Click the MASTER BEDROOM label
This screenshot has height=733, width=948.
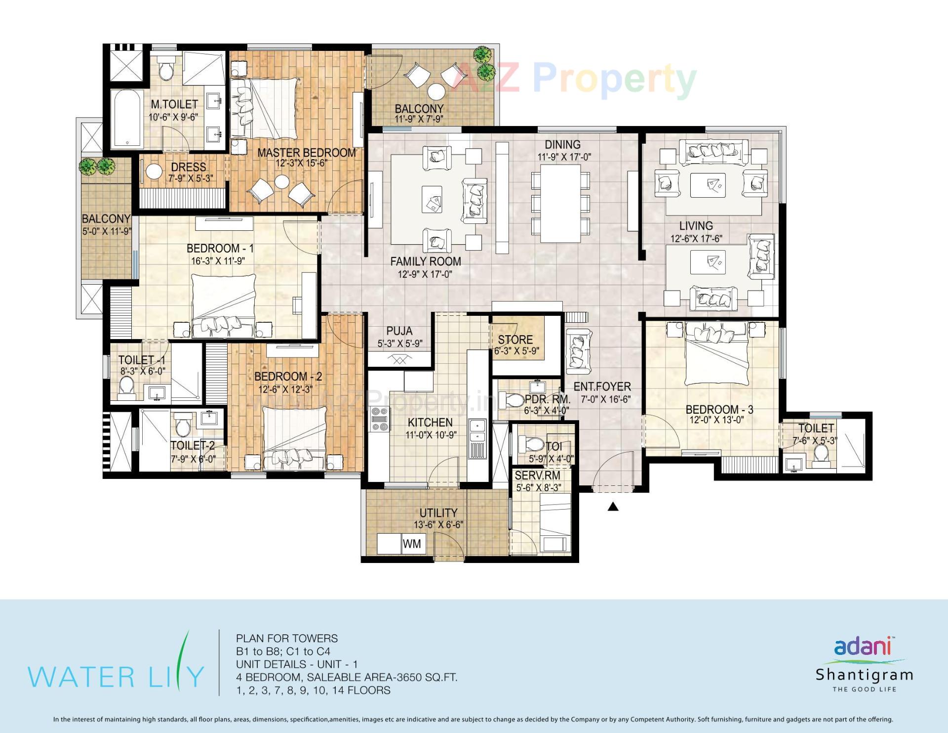pos(306,153)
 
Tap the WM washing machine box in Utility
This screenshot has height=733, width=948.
pos(412,544)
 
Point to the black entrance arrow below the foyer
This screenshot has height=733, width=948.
pos(613,506)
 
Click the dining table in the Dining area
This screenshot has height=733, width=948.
pos(560,203)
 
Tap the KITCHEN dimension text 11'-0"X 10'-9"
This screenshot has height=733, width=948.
pos(430,435)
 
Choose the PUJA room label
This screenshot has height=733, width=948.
pos(399,331)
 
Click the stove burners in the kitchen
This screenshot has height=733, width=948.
pos(379,420)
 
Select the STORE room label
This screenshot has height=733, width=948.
pos(515,340)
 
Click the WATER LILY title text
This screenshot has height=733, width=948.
pos(116,677)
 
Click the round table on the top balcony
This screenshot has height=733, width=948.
pos(436,91)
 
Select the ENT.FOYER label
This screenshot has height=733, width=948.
pos(602,387)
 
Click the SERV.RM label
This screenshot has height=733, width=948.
pos(537,475)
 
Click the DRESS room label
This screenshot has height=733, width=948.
pos(189,167)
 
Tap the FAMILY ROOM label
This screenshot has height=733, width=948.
pos(425,261)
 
